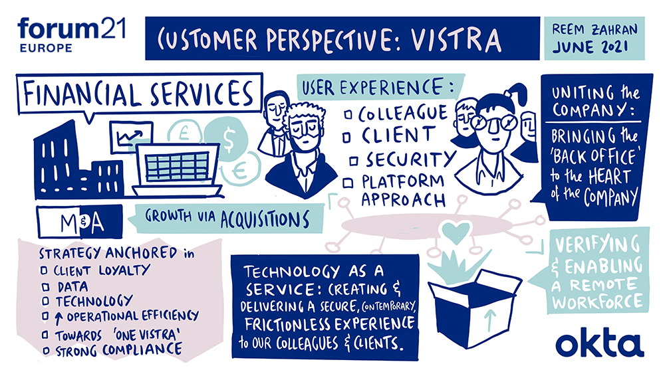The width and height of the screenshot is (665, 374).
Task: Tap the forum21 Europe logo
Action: [x=72, y=35]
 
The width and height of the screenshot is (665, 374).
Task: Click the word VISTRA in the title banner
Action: [x=459, y=40]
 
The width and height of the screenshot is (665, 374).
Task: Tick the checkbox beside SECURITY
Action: [x=352, y=160]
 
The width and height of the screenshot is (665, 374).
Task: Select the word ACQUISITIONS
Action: [x=265, y=219]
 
